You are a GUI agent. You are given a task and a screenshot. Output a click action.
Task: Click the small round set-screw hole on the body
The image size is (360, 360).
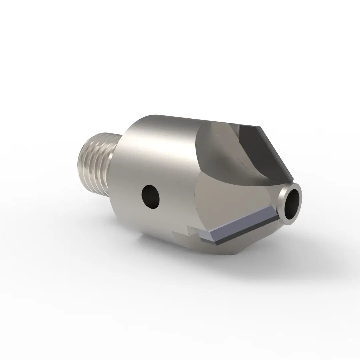pyautogui.click(x=151, y=195)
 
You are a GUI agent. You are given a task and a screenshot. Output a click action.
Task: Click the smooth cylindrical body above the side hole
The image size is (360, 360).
pyautogui.click(x=157, y=150)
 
